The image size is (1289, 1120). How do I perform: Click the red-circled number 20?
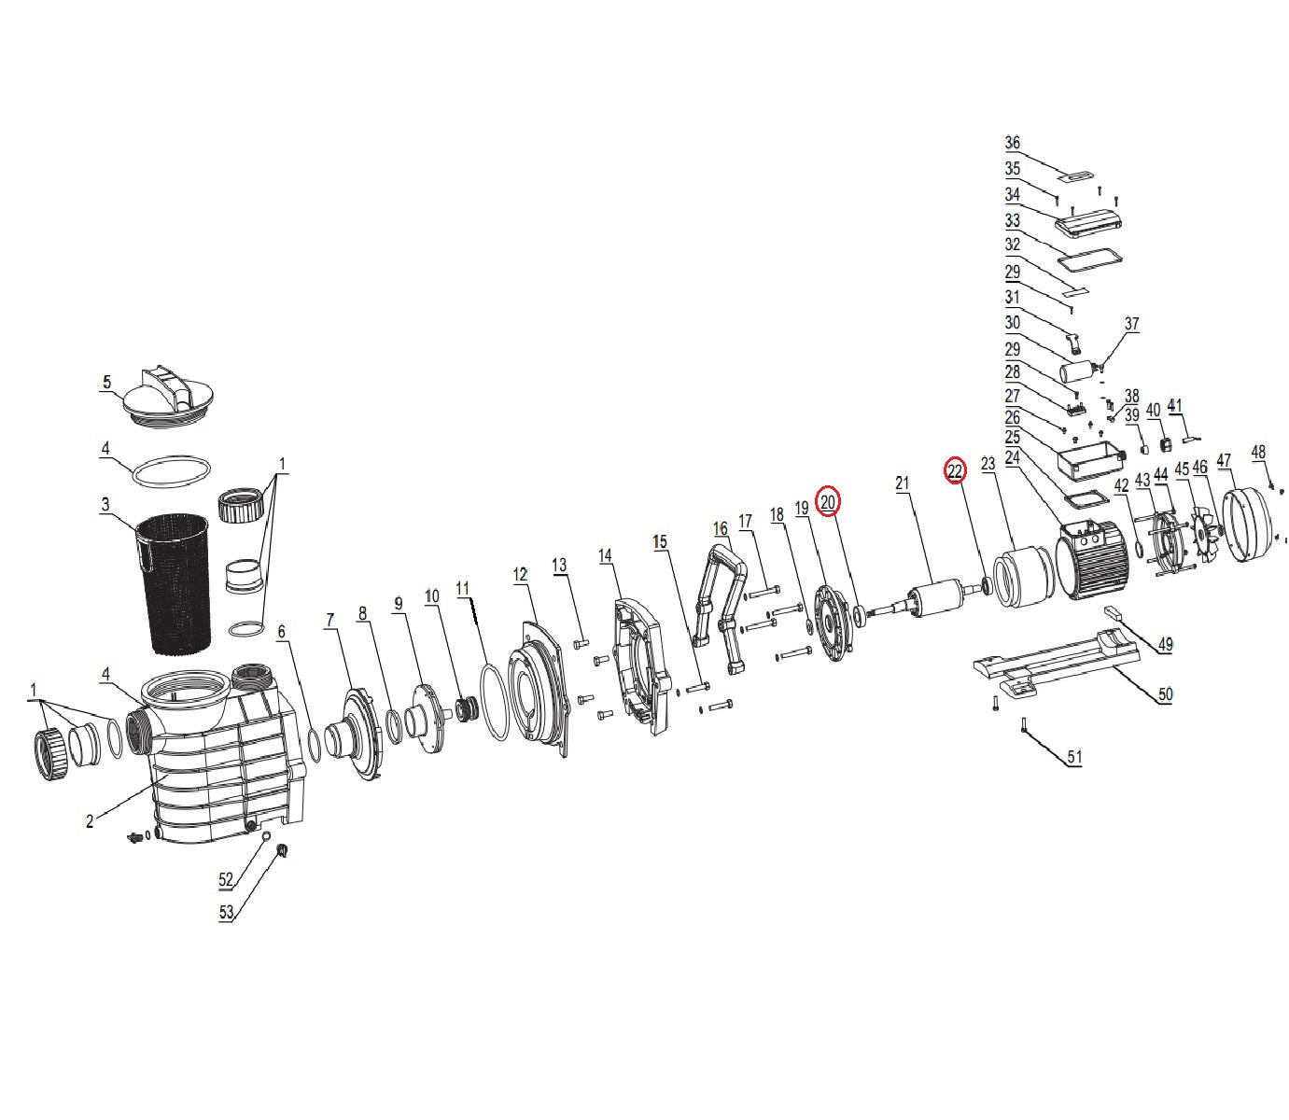tap(827, 502)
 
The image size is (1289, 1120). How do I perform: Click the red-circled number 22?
tap(955, 470)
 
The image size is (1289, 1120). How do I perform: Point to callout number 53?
tap(226, 912)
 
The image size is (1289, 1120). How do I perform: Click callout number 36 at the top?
tap(1012, 143)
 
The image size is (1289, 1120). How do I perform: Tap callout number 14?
tap(605, 555)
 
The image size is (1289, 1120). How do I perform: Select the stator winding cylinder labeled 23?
tap(1025, 578)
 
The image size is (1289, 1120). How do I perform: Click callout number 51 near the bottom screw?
tap(1074, 756)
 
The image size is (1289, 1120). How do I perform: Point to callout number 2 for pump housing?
tap(90, 820)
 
